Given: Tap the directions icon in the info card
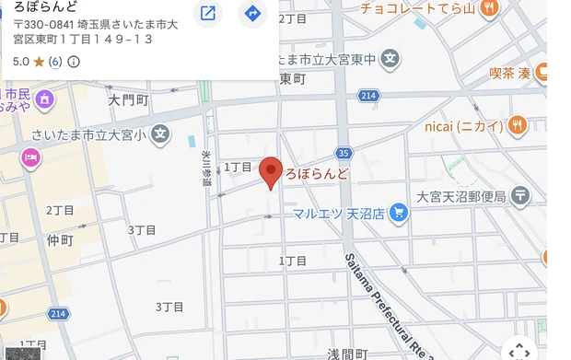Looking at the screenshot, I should click(x=252, y=14).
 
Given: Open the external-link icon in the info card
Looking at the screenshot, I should click(x=209, y=14).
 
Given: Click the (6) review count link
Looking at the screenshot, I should click(x=55, y=62).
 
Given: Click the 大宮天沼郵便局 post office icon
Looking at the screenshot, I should click(x=521, y=195).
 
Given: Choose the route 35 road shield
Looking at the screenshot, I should click(x=344, y=154).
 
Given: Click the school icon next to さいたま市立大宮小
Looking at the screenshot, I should click(x=161, y=134).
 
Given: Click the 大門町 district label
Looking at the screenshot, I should click(x=127, y=99).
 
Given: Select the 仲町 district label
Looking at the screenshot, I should click(x=59, y=238).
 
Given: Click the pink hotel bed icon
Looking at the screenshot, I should click(x=31, y=159).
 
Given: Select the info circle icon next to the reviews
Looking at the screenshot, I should click(x=75, y=62).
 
